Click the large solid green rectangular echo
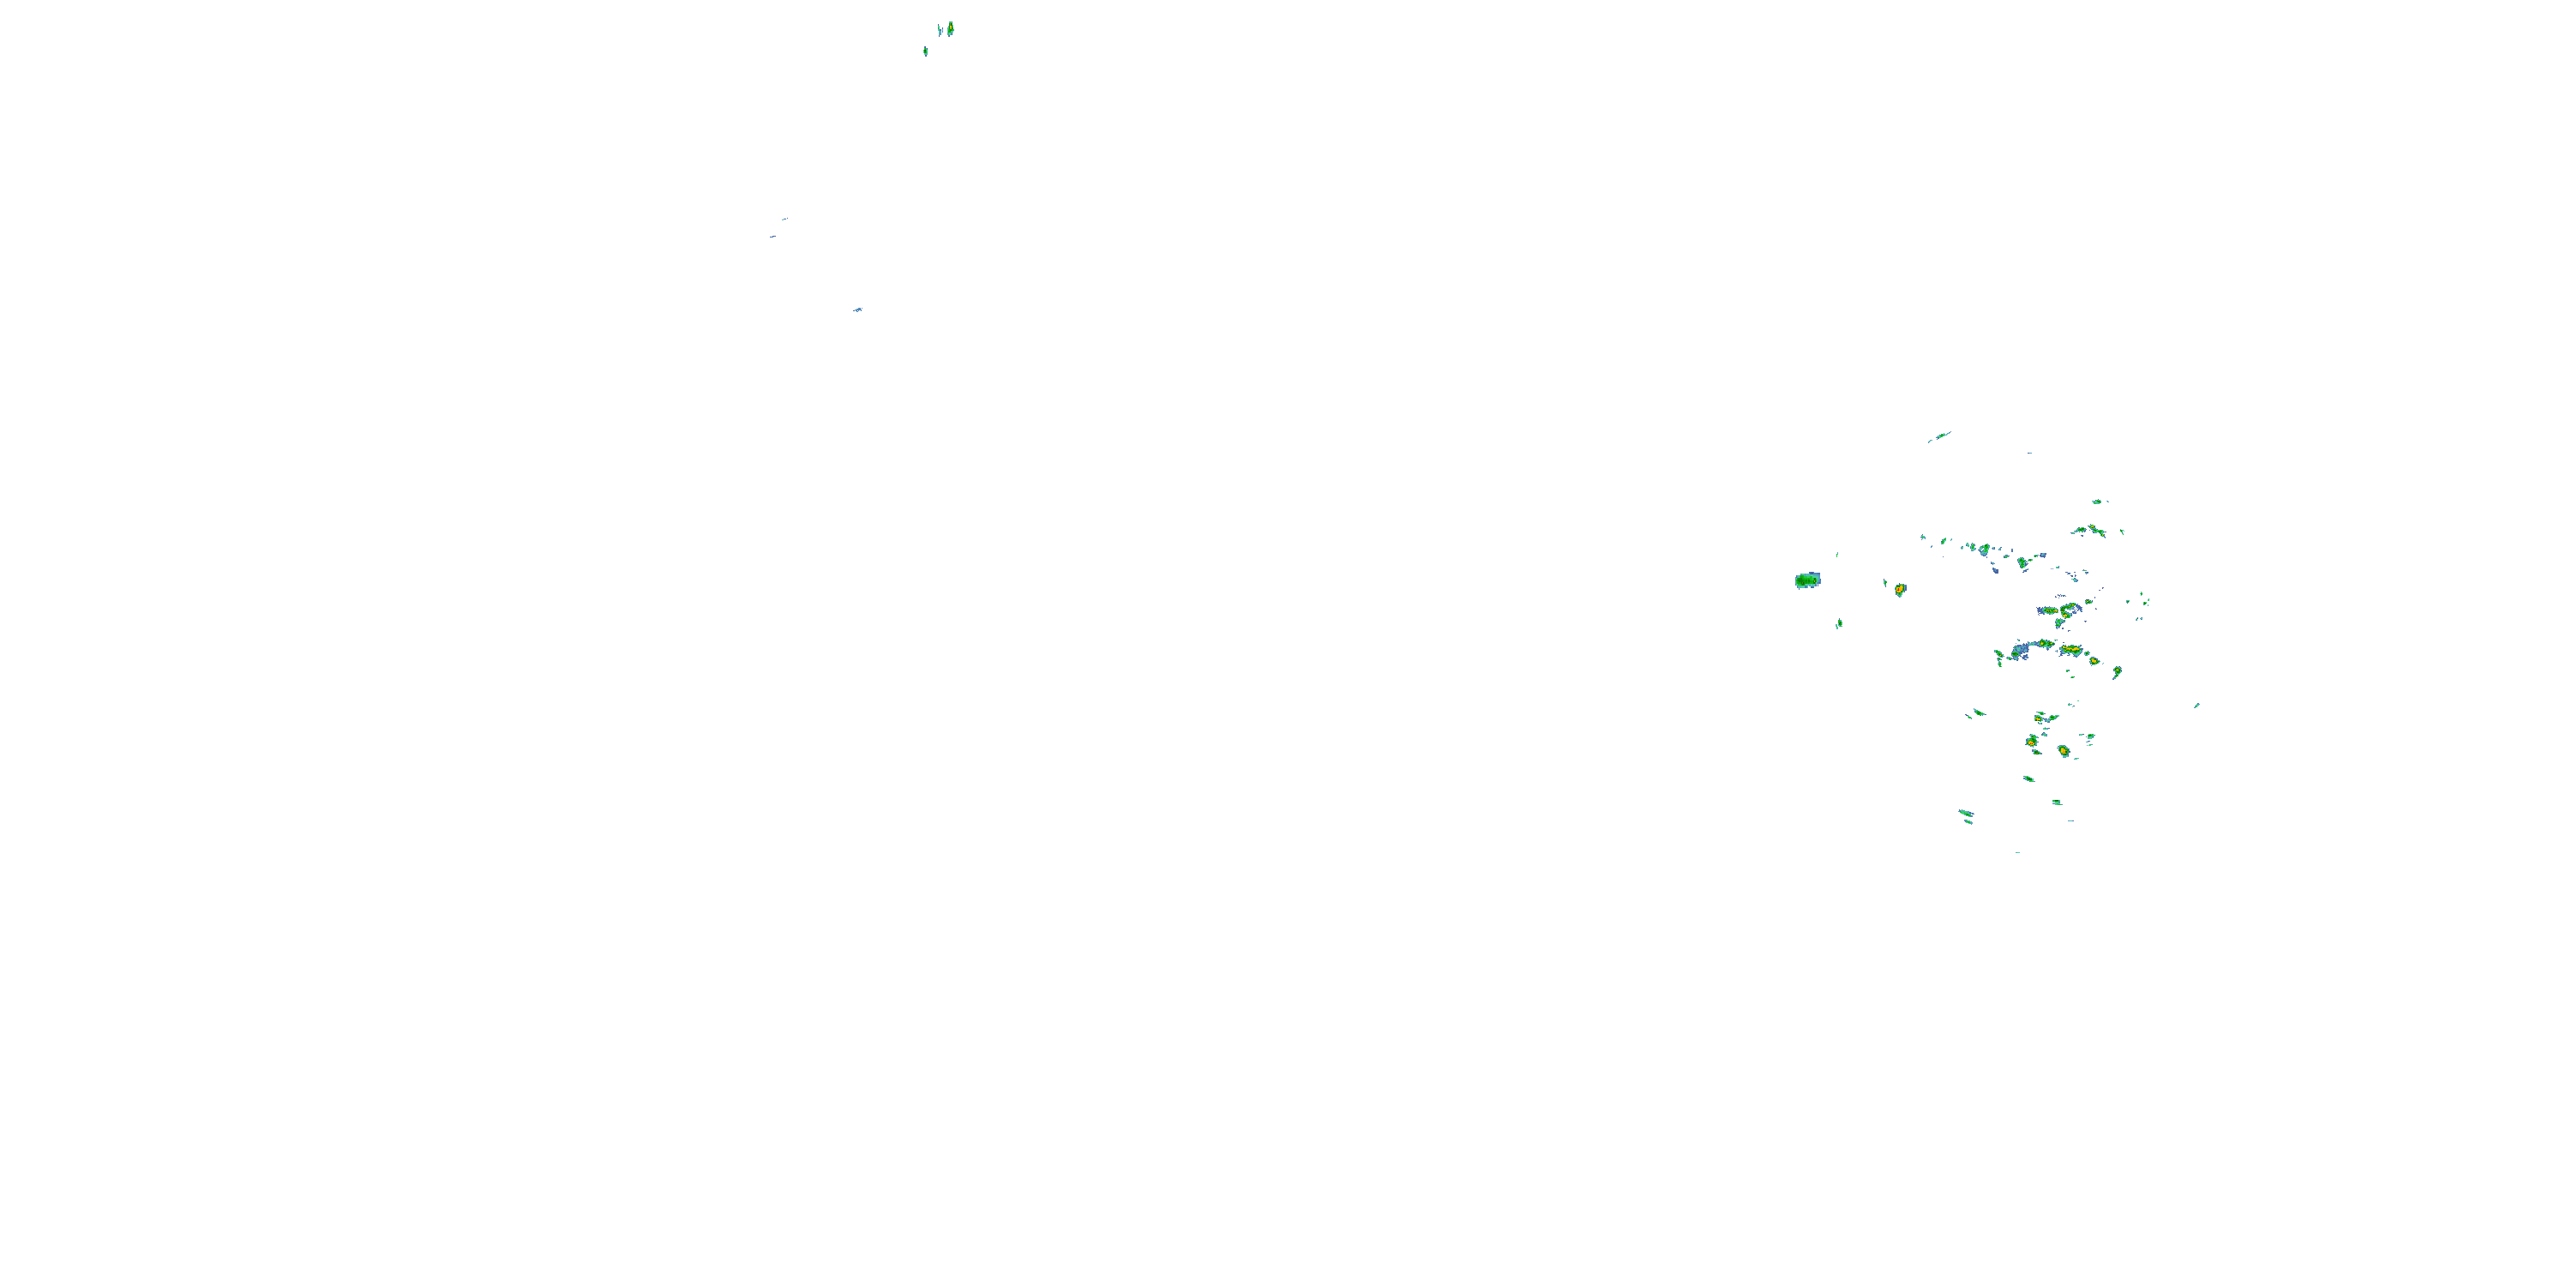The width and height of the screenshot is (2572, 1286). tap(1807, 580)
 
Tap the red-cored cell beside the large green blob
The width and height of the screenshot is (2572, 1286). tap(1900, 590)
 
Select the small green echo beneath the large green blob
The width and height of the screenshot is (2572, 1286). tap(1839, 624)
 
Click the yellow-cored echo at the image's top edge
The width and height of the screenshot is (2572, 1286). tap(950, 28)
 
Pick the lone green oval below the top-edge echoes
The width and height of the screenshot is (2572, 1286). tap(926, 51)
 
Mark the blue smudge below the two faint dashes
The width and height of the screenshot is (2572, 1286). tap(857, 309)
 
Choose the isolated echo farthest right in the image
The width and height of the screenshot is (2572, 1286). tap(2196, 706)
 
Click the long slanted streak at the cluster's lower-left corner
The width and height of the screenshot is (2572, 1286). tap(1965, 813)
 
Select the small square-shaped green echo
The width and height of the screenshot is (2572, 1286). tap(2056, 802)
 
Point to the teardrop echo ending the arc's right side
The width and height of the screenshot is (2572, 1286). tap(2117, 672)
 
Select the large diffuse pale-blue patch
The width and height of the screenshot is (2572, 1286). tap(2021, 651)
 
